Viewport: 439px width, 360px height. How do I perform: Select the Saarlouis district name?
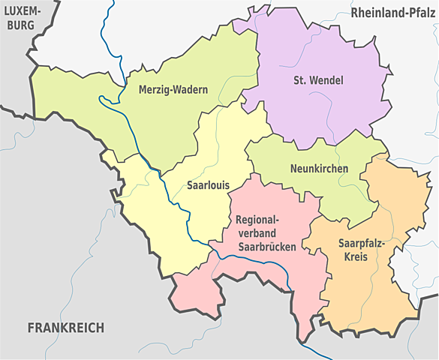tap(207, 184)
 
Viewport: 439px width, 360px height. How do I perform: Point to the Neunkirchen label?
tap(319, 169)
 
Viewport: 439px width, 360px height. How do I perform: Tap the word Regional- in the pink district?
tap(257, 220)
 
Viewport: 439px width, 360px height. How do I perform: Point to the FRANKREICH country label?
tap(65, 328)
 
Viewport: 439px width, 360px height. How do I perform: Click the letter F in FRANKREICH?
tap(31, 328)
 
